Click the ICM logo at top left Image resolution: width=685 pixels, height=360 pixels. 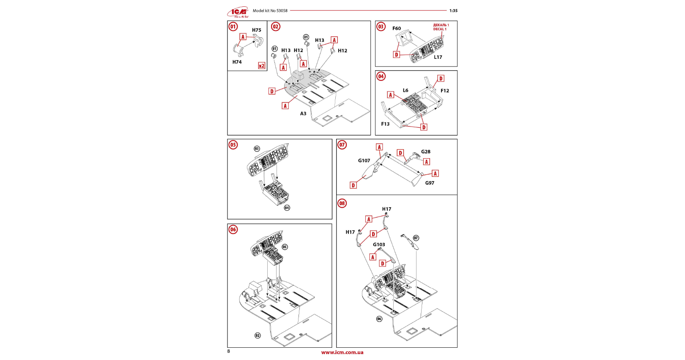238,12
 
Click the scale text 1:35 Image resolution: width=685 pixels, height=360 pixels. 453,11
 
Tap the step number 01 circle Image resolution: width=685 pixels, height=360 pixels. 233,27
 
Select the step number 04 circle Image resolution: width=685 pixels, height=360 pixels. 381,76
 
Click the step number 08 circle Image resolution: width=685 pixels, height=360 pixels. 342,203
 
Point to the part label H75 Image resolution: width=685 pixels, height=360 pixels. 257,30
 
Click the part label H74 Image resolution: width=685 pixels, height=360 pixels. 237,62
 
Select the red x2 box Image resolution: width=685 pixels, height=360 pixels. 262,66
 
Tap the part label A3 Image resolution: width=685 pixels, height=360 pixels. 303,113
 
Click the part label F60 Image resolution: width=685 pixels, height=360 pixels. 397,28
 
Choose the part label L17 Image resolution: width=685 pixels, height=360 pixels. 438,57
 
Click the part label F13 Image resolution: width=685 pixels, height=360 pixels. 385,124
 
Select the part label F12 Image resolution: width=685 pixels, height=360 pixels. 445,91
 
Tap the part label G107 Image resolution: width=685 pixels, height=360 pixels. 364,161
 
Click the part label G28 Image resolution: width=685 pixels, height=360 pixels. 426,151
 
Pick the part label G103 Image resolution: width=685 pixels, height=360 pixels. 379,245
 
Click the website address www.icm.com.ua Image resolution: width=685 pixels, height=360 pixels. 342,352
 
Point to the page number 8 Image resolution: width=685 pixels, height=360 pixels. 229,351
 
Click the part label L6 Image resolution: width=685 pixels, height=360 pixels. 406,90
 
